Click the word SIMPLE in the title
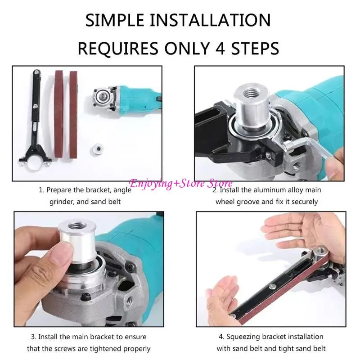click(115, 20)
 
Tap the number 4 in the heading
click(220, 49)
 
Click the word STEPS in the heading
click(255, 49)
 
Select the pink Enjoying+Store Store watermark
click(181, 184)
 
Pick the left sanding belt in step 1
click(59, 114)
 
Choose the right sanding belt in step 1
click(73, 114)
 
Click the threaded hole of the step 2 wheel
click(252, 94)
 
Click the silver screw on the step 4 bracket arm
click(273, 286)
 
